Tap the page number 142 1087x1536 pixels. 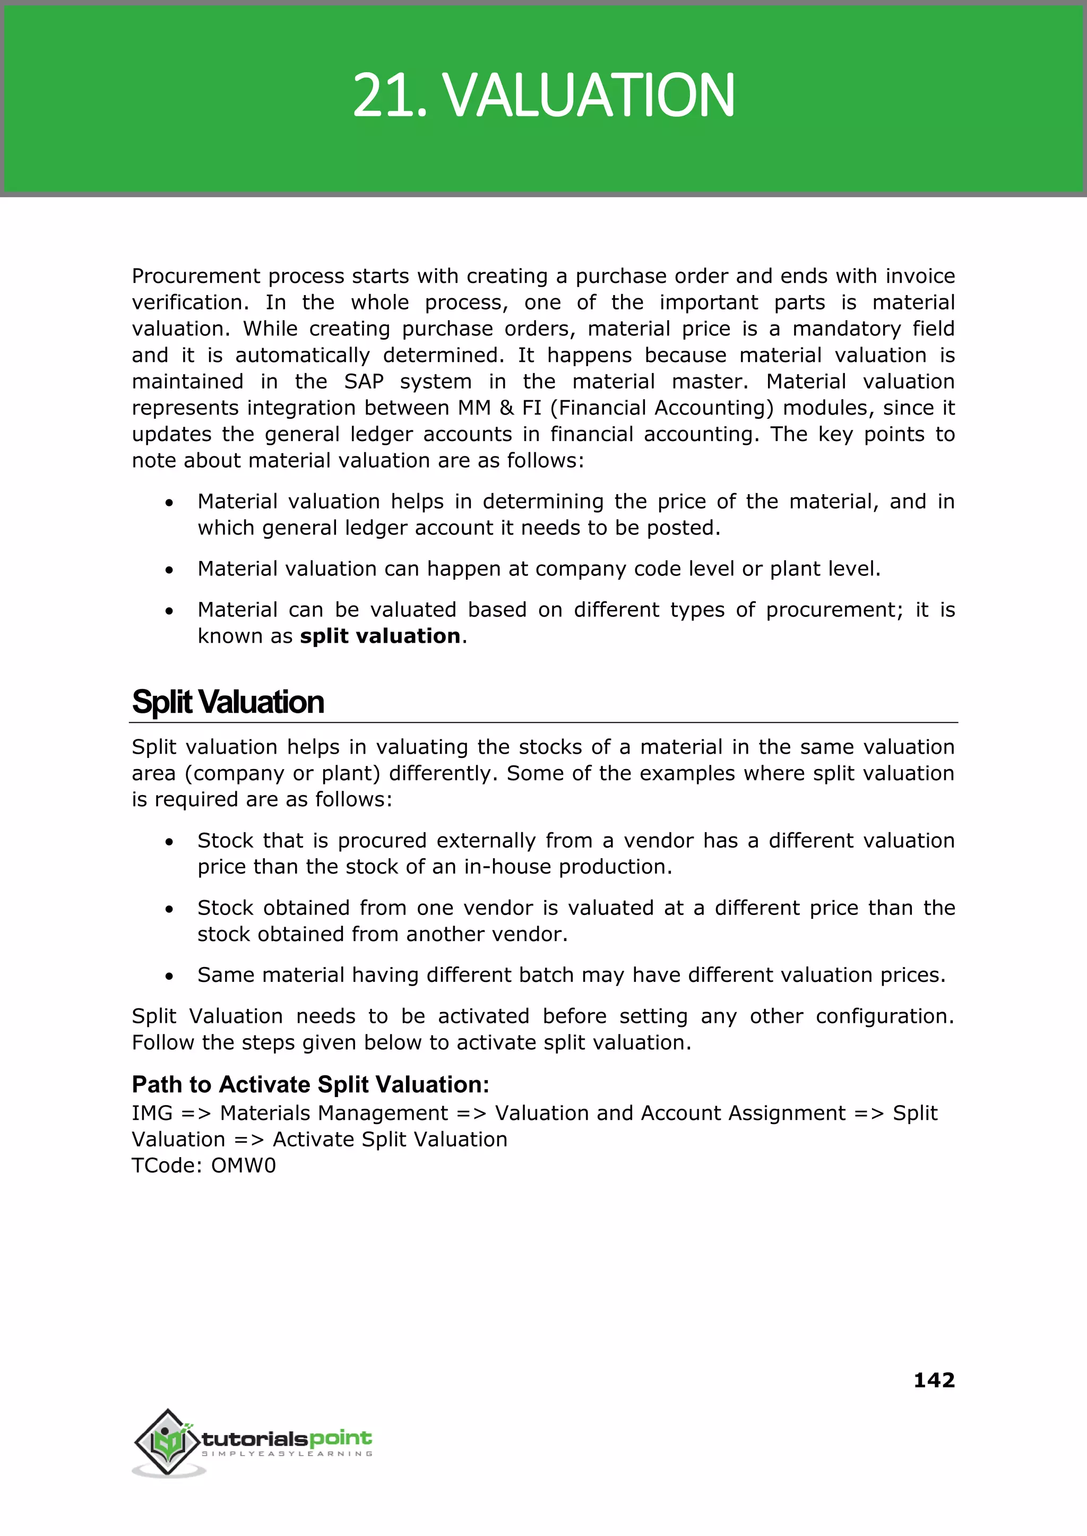tap(934, 1379)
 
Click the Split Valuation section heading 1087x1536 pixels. tap(228, 702)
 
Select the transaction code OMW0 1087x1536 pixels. tap(243, 1166)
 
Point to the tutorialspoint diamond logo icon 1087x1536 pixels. tap(168, 1441)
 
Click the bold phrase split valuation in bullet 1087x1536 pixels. tap(380, 636)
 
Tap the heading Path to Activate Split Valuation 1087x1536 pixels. tap(310, 1084)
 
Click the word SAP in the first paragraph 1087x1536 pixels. tap(364, 382)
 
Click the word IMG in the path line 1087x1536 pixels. tap(152, 1113)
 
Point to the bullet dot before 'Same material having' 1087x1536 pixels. tap(169, 977)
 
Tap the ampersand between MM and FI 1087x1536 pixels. tap(507, 408)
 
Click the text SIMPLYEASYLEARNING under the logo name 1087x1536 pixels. tap(287, 1454)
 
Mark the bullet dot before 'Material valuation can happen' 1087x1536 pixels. tap(169, 570)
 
